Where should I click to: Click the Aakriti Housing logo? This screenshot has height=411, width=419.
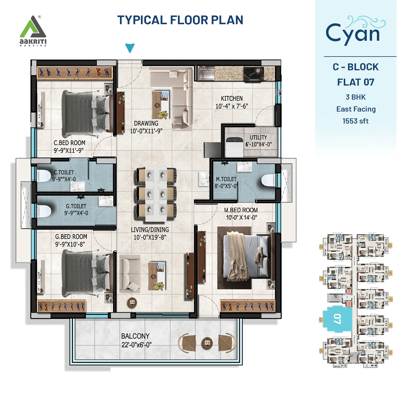pos(33,31)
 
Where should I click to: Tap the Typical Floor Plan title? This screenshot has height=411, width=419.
pos(180,20)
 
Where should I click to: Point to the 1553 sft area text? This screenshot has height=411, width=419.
pos(355,121)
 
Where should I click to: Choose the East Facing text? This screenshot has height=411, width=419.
pos(356,109)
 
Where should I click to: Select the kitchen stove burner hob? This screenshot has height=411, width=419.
pos(253,73)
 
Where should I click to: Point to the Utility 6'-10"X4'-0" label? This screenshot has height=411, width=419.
pos(258,141)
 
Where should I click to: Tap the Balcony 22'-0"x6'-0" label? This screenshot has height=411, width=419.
pos(136,340)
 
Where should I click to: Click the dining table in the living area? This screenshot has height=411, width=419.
pos(156,193)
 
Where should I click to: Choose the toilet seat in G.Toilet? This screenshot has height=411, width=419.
pos(44,211)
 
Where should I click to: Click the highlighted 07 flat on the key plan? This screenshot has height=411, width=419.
pos(337,319)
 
